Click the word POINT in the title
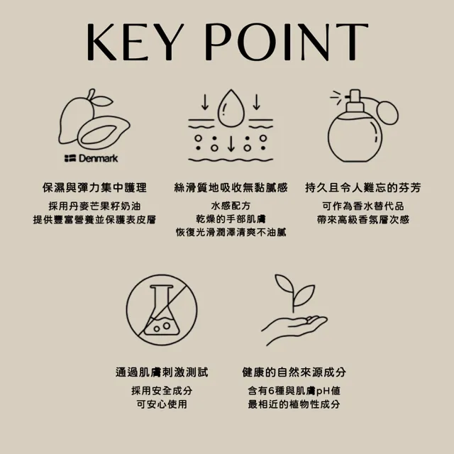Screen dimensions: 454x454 click(x=287, y=42)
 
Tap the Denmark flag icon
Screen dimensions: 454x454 click(x=70, y=158)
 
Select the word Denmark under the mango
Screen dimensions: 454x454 click(x=99, y=158)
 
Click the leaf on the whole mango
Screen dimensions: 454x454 click(x=102, y=101)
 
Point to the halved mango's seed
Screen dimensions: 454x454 click(x=95, y=135)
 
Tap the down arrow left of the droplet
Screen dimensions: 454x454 click(x=205, y=102)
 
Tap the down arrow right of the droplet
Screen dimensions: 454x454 click(x=257, y=102)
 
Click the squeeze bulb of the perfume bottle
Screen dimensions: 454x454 click(x=387, y=112)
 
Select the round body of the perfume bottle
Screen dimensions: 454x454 click(x=355, y=138)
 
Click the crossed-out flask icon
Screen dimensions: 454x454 click(x=162, y=310)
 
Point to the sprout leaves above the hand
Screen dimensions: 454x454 click(x=295, y=290)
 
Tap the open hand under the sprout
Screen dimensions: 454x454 click(x=294, y=329)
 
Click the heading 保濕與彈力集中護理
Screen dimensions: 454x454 click(x=94, y=187)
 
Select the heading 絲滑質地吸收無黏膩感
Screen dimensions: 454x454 click(x=231, y=187)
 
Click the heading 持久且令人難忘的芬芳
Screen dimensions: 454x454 click(x=363, y=187)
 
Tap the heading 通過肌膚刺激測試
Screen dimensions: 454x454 click(x=162, y=372)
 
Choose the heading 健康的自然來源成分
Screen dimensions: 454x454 click(x=294, y=372)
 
